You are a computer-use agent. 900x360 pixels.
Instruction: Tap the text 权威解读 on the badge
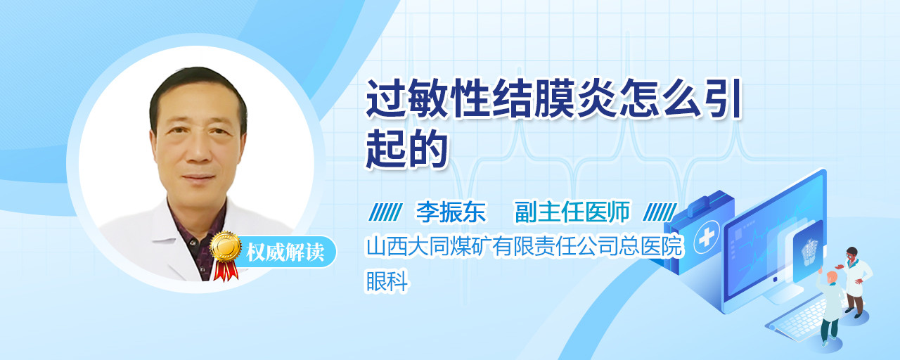pos(285,252)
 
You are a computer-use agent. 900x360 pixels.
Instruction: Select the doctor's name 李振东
pos(451,212)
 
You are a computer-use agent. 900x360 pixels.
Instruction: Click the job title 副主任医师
pos(572,212)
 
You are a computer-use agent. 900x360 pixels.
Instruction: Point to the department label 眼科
pos(387,281)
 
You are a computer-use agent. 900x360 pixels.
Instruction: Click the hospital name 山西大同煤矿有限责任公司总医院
pos(525,246)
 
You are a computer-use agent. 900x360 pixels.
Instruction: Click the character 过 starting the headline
pos(385,98)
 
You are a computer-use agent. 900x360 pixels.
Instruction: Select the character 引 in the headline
pos(721,98)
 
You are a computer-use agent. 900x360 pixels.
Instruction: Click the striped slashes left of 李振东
pos(385,212)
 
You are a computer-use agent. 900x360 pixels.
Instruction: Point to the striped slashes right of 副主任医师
pos(660,212)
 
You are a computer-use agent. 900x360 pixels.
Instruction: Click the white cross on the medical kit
pos(706,238)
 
